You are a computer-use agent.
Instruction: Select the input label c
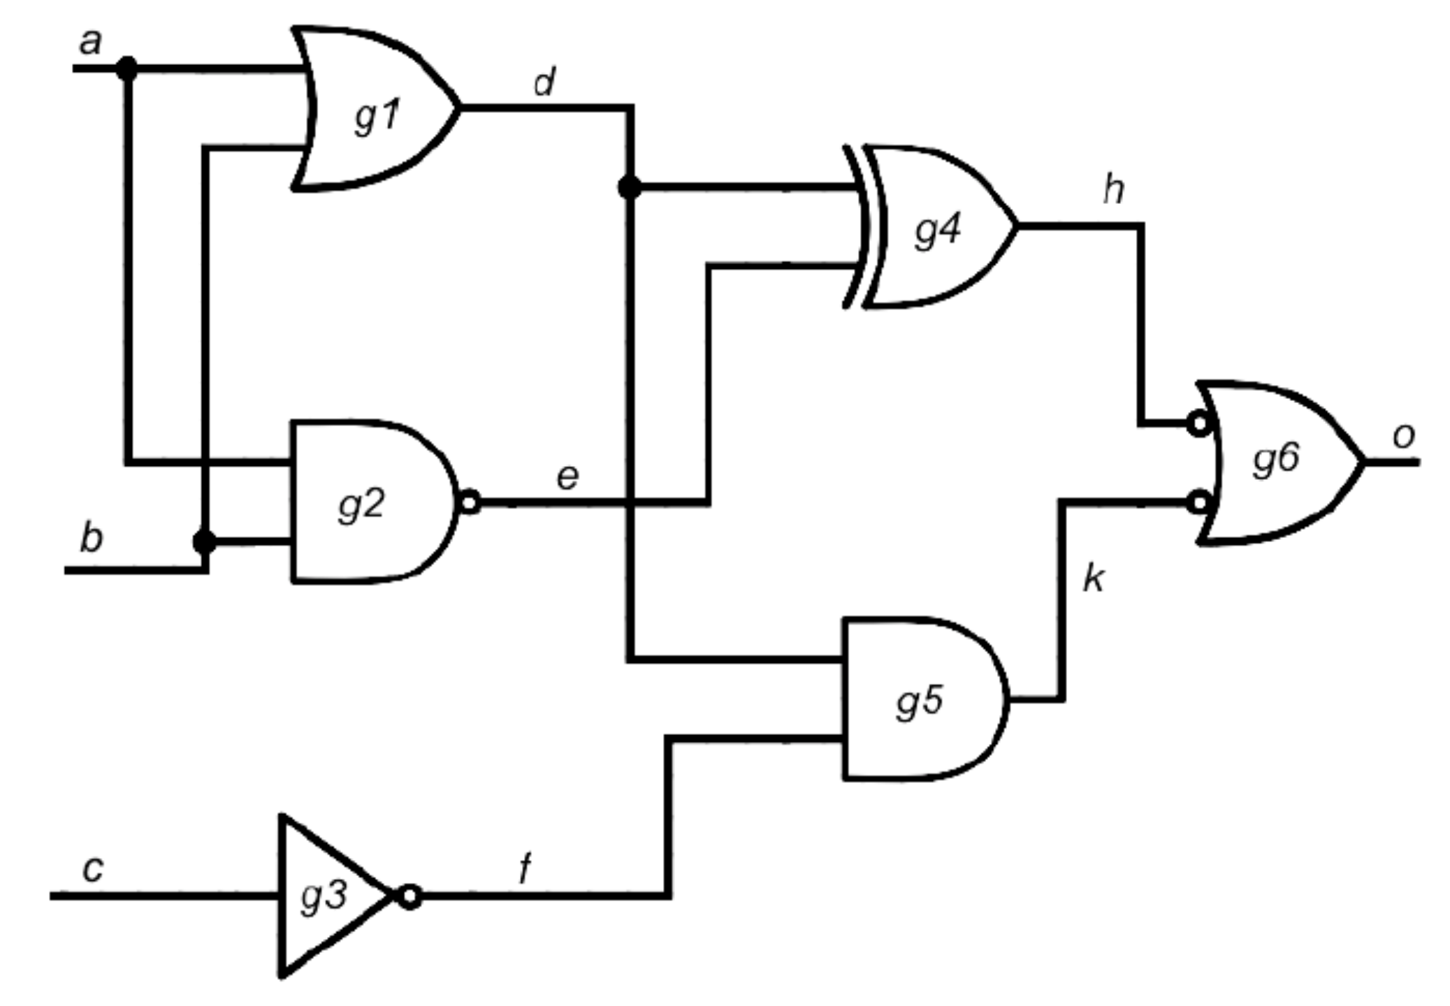point(93,868)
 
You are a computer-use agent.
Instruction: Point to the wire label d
point(544,82)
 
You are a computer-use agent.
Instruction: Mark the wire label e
point(567,477)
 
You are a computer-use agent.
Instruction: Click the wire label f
point(525,868)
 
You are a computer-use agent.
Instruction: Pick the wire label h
point(1114,189)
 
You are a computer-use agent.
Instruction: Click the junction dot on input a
point(126,68)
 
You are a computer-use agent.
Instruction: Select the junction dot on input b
point(204,541)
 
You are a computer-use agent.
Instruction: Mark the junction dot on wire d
point(630,187)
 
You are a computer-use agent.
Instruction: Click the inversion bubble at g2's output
point(470,502)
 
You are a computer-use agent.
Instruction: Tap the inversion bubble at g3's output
point(410,896)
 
